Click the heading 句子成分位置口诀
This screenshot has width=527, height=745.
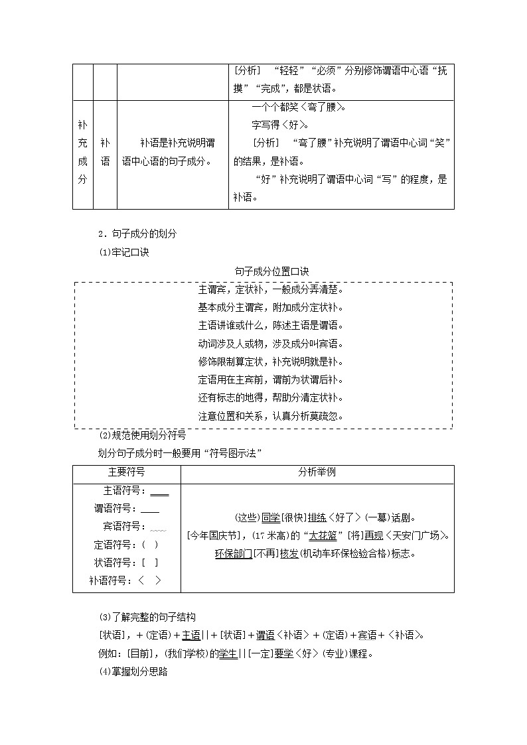tap(263, 272)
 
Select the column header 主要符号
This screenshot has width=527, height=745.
tap(126, 474)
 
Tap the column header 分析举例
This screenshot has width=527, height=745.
tap(317, 474)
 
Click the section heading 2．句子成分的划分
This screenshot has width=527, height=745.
tap(137, 234)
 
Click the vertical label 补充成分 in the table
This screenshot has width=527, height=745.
tap(82, 152)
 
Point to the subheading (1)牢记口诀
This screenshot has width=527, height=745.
tap(124, 252)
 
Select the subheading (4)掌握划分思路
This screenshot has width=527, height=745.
tap(133, 672)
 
